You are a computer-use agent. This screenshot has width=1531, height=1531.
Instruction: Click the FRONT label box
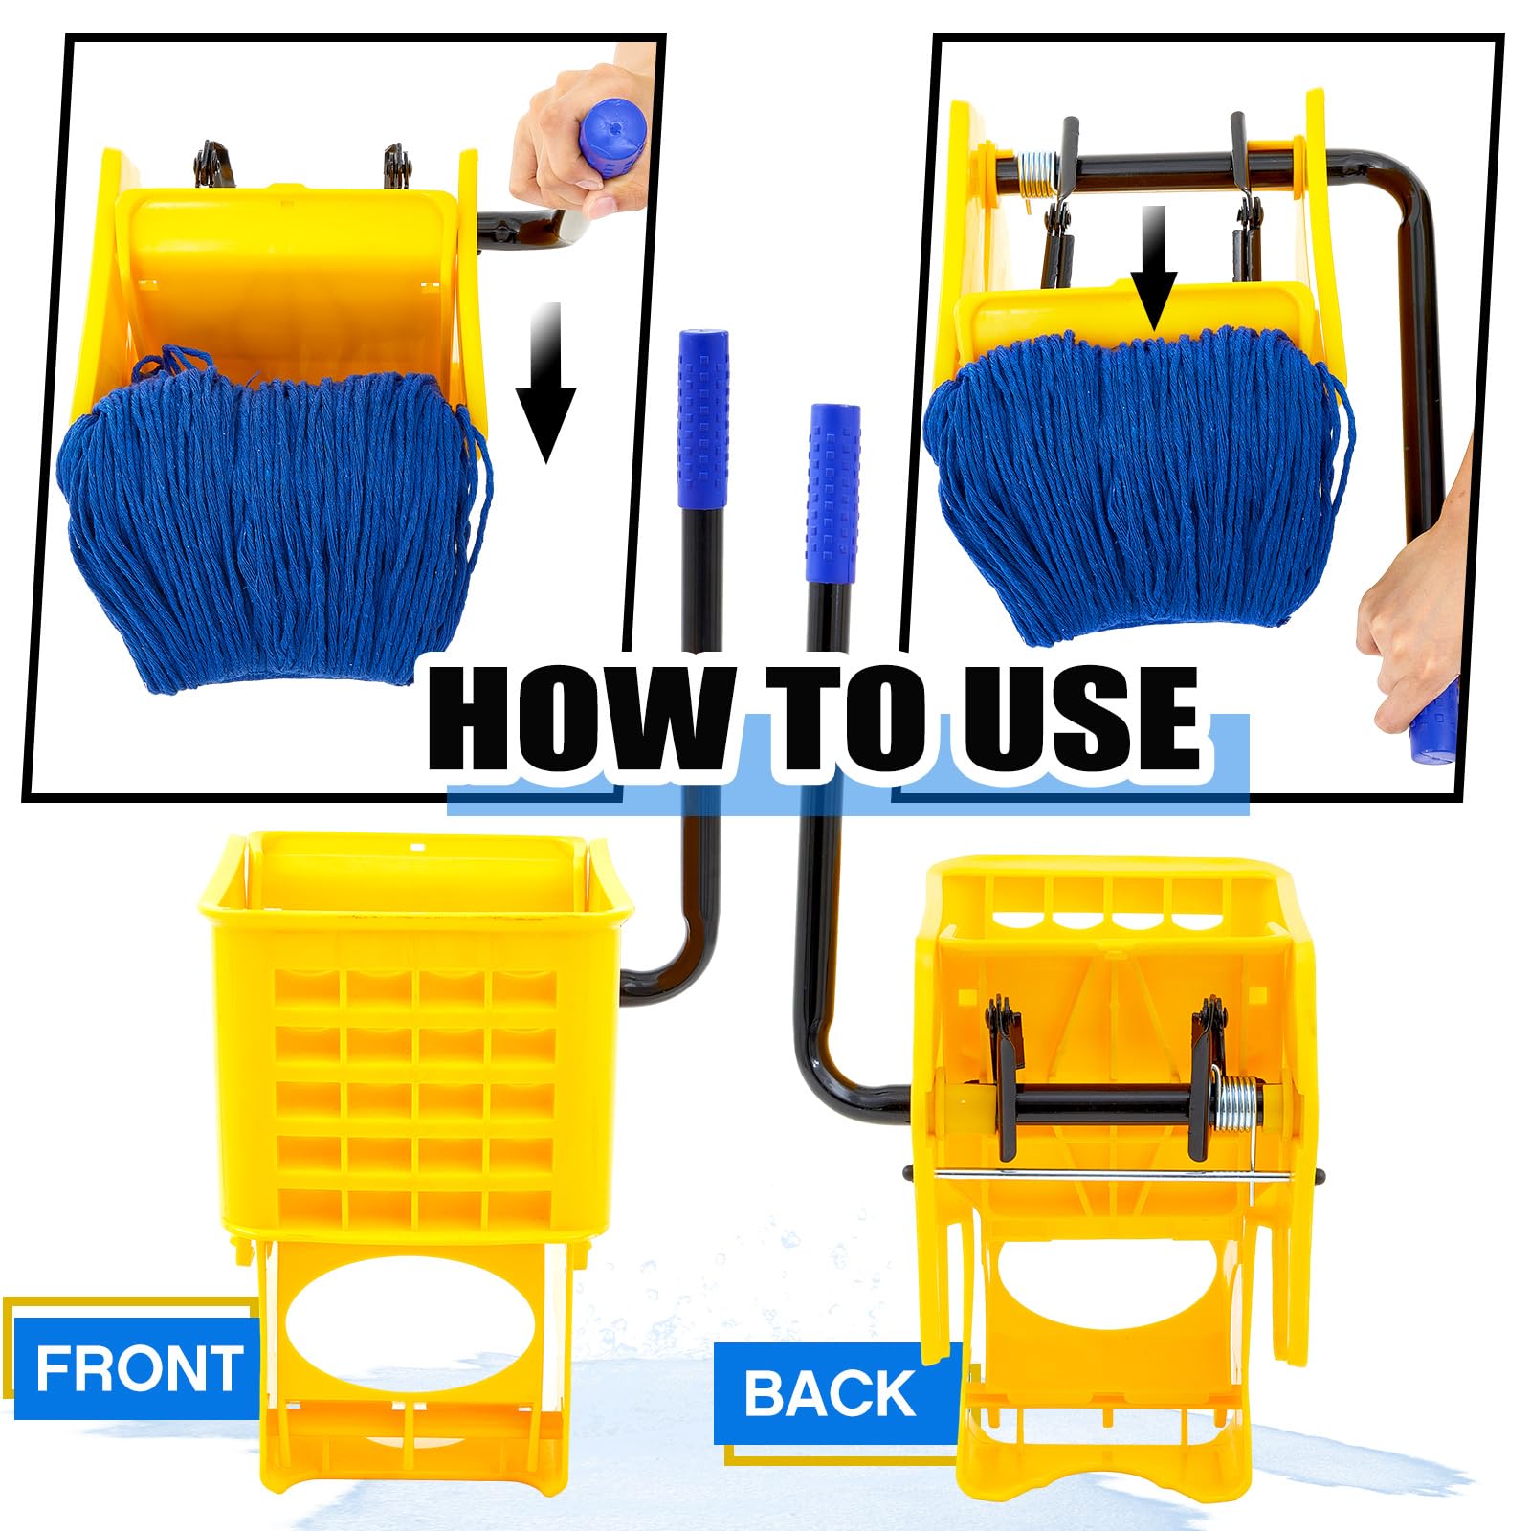point(137,1367)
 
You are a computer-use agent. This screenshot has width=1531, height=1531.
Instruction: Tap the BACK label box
point(831,1392)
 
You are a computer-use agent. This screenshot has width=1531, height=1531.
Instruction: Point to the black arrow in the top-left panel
point(545,383)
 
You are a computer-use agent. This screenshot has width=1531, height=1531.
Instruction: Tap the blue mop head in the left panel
point(268,517)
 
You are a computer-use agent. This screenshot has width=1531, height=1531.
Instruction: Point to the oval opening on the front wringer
point(411,1325)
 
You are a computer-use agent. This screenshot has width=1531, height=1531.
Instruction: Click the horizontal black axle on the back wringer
point(1100,1105)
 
